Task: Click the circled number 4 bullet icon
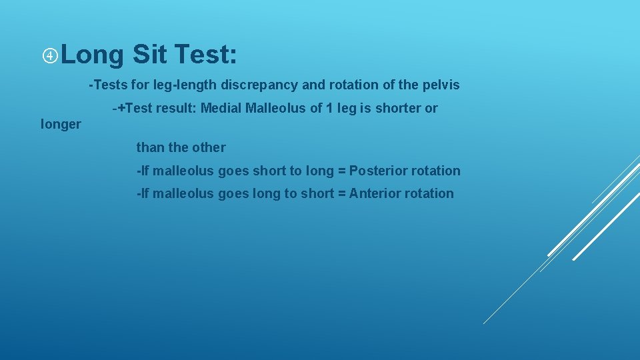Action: (x=51, y=55)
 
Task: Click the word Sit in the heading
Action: (x=150, y=55)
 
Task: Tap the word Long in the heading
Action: (x=94, y=55)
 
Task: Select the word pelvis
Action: (x=441, y=86)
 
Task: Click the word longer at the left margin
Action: (x=61, y=125)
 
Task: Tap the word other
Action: (x=208, y=148)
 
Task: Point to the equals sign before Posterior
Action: (x=341, y=171)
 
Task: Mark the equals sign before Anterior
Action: (x=341, y=194)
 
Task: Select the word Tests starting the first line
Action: (x=110, y=86)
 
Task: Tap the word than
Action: (x=149, y=148)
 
